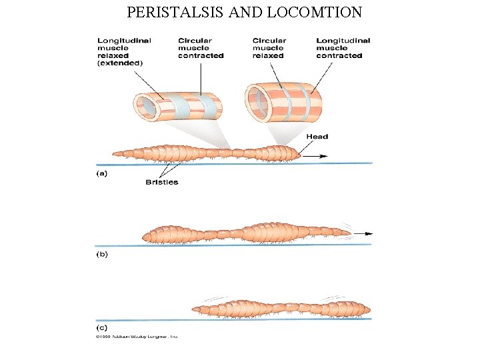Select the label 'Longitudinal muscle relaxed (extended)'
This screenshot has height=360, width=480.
(124, 51)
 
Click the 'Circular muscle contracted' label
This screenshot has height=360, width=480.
(200, 48)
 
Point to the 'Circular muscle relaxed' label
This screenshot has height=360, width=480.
(269, 48)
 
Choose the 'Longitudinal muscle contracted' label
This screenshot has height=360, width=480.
(343, 48)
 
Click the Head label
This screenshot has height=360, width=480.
(317, 137)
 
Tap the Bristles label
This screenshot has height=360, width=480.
(162, 182)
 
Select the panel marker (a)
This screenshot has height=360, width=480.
(101, 173)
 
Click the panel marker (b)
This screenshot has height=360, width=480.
(101, 255)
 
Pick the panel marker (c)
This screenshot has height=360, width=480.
(101, 328)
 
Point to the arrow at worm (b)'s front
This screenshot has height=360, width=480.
(363, 233)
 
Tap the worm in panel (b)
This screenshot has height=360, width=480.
(247, 233)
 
